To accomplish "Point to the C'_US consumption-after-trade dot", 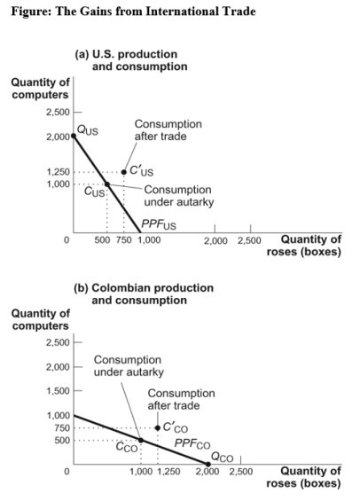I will tap(124, 171).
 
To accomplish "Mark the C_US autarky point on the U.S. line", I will tap(106, 184).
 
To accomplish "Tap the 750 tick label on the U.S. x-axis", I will tap(124, 240).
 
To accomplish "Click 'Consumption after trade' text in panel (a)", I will tap(168, 131).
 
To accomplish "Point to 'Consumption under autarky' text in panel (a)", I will tap(177, 196).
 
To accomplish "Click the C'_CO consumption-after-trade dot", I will tap(158, 427).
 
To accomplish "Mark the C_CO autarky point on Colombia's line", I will tap(141, 440).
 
